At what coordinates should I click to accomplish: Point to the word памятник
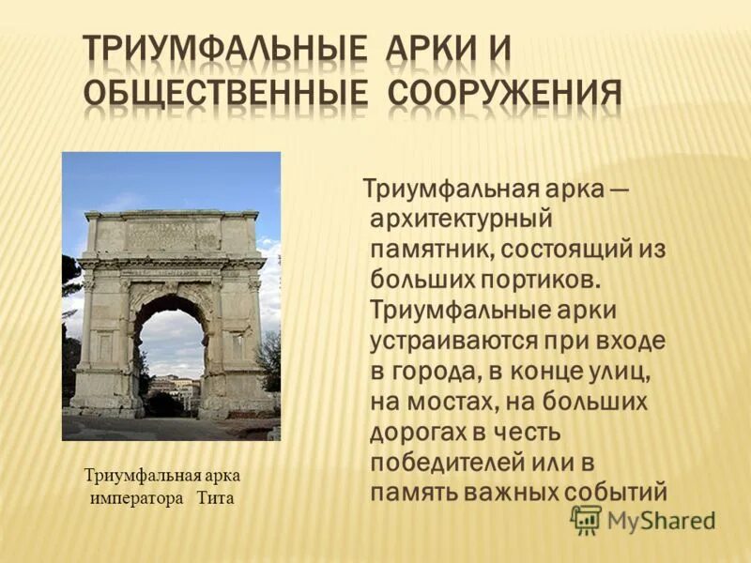coord(430,249)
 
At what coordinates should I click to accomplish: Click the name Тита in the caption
coord(215,498)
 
